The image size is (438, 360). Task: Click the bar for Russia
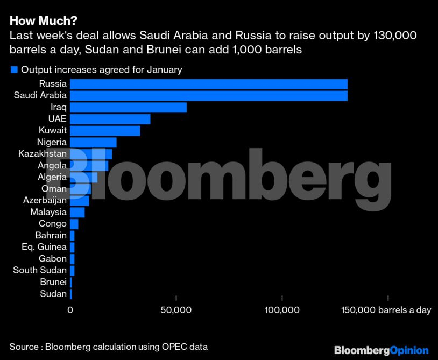click(209, 84)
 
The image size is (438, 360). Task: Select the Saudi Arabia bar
click(209, 96)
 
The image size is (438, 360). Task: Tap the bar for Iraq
click(128, 108)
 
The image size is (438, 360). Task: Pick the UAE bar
click(110, 119)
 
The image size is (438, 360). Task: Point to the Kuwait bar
click(105, 131)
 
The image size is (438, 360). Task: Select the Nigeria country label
click(52, 142)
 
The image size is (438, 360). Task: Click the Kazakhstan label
click(43, 154)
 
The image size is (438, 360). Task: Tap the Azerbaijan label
click(45, 200)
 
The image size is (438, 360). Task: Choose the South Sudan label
click(40, 270)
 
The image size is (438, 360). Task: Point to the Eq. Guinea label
click(44, 247)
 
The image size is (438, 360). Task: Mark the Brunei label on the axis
click(53, 282)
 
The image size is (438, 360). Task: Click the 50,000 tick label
click(176, 310)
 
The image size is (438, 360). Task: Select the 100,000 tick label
click(282, 310)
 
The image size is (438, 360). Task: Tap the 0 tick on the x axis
click(70, 310)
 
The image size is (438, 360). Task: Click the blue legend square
click(14, 69)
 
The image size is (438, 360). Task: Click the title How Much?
click(43, 21)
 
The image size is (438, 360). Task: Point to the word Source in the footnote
click(24, 347)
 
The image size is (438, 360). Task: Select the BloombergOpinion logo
click(381, 350)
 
